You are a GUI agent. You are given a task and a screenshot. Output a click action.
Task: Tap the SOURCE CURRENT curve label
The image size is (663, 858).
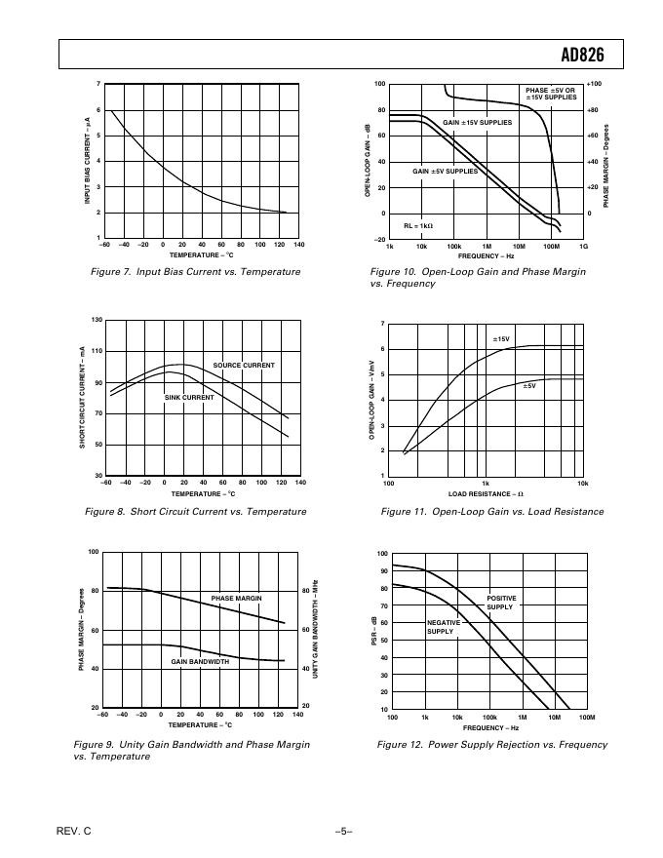click(244, 365)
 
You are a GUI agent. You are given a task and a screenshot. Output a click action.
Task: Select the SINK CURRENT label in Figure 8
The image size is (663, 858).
click(189, 398)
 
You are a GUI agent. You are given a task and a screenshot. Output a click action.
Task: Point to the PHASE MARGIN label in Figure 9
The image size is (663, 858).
click(237, 598)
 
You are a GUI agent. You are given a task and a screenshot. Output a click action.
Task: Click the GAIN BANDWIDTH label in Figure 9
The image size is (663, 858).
click(200, 661)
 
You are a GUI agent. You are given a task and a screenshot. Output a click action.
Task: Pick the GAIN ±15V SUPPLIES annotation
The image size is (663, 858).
click(478, 123)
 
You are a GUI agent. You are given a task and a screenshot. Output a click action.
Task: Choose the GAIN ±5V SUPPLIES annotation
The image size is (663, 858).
click(446, 171)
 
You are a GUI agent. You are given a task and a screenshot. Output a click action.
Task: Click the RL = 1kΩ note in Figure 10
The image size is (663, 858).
click(418, 225)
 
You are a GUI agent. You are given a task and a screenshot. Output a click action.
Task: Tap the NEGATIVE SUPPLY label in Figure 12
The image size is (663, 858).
click(441, 627)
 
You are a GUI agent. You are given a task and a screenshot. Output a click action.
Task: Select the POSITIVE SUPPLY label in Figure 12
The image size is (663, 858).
click(501, 602)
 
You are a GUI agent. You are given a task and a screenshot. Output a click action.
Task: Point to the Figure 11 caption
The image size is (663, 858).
click(492, 511)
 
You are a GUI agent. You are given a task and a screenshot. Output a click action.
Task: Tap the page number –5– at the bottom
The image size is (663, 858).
click(342, 832)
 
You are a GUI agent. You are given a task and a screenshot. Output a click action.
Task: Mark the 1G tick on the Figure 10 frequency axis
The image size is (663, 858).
click(583, 248)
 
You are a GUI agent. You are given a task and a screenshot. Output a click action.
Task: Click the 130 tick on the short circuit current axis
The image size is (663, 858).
click(97, 321)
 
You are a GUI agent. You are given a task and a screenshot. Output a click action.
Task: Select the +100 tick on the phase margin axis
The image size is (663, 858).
click(595, 85)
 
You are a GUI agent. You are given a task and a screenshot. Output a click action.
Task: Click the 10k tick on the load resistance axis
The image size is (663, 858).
click(582, 484)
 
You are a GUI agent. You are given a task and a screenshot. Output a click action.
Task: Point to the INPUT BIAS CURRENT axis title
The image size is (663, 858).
click(87, 161)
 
